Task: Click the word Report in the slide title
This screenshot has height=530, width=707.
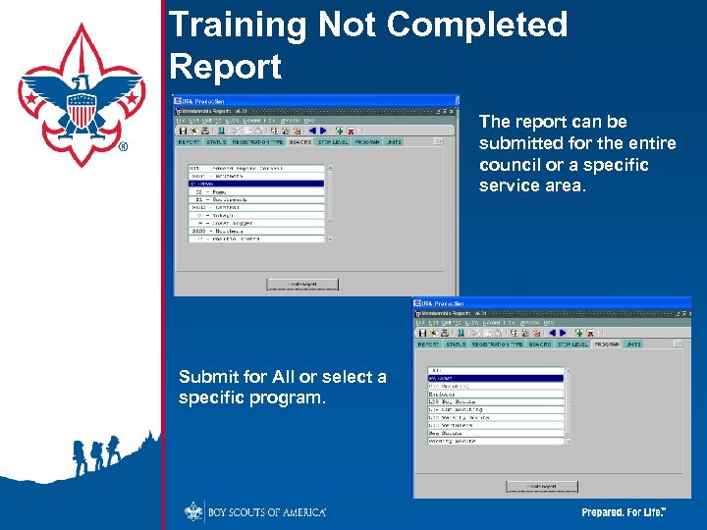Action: pos(225,67)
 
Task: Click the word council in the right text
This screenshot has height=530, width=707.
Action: pos(511,165)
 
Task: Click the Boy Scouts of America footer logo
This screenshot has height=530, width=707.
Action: pos(255,511)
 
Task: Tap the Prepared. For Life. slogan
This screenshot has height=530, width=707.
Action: pos(624,512)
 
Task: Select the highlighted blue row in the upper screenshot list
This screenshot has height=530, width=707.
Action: pos(255,183)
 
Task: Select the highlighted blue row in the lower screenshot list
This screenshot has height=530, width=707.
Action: pos(495,378)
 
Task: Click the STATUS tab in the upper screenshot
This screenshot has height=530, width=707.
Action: pos(216,141)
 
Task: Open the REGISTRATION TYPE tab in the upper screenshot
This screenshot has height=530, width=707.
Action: pos(257,141)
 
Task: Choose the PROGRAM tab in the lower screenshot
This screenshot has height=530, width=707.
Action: pos(605,344)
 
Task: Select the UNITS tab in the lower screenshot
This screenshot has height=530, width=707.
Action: pos(633,344)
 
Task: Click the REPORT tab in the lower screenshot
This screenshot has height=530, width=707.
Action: pos(428,344)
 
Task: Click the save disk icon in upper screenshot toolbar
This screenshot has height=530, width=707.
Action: pos(183,130)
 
